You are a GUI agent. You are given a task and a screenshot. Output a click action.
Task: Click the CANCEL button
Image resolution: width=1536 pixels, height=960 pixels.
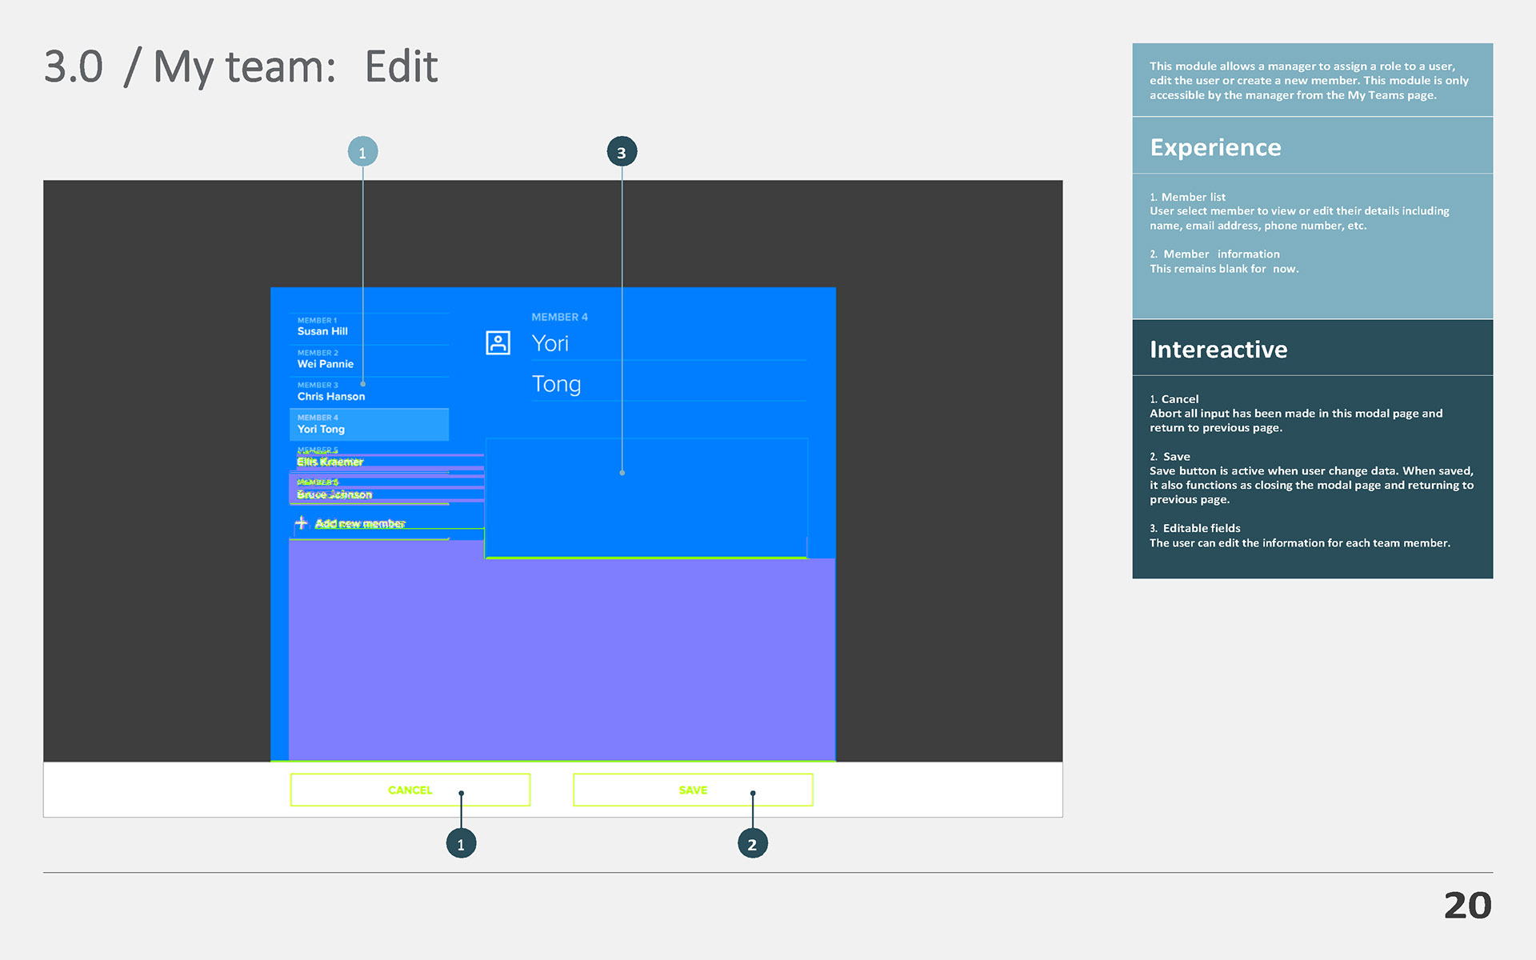pyautogui.click(x=410, y=790)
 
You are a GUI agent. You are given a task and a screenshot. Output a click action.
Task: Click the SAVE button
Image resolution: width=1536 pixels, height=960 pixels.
pyautogui.click(x=693, y=790)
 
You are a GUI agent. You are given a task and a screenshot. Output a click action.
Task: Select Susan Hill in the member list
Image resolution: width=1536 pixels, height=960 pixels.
pyautogui.click(x=322, y=330)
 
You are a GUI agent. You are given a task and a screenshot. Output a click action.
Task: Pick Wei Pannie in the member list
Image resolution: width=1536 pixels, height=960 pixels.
pyautogui.click(x=325, y=363)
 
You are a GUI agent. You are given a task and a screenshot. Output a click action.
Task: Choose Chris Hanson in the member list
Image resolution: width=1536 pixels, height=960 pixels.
pyautogui.click(x=330, y=395)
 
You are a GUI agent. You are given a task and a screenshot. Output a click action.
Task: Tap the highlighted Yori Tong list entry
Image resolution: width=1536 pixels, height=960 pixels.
pyautogui.click(x=368, y=425)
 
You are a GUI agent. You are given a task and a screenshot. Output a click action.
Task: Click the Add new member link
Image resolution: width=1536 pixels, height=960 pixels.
pyautogui.click(x=359, y=523)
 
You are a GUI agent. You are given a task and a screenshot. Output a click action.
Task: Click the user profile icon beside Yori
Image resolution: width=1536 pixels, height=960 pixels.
pyautogui.click(x=498, y=343)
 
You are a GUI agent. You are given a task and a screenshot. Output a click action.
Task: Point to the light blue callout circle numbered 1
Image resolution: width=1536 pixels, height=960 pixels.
pyautogui.click(x=362, y=152)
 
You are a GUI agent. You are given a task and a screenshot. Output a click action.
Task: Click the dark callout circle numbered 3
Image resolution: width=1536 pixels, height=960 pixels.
pyautogui.click(x=622, y=152)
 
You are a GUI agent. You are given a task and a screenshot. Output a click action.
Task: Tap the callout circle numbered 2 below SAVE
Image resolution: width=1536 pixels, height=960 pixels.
pyautogui.click(x=752, y=844)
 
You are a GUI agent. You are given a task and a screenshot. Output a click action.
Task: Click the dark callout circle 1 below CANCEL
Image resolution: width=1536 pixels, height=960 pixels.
pyautogui.click(x=461, y=844)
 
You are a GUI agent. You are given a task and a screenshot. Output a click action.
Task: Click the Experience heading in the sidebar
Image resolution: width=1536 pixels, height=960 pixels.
pyautogui.click(x=1215, y=147)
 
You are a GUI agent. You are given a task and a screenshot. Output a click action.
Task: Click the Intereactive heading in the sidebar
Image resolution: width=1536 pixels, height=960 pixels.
pyautogui.click(x=1218, y=350)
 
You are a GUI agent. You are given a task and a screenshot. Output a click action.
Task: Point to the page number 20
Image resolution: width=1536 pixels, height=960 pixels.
pyautogui.click(x=1467, y=906)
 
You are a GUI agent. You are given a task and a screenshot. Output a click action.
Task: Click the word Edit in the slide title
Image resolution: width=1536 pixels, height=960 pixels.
pyautogui.click(x=401, y=66)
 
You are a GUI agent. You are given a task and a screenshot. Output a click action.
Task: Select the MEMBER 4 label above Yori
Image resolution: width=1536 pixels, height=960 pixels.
pyautogui.click(x=559, y=317)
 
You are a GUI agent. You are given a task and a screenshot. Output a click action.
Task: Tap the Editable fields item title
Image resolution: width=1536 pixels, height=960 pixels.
pyautogui.click(x=1201, y=528)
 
